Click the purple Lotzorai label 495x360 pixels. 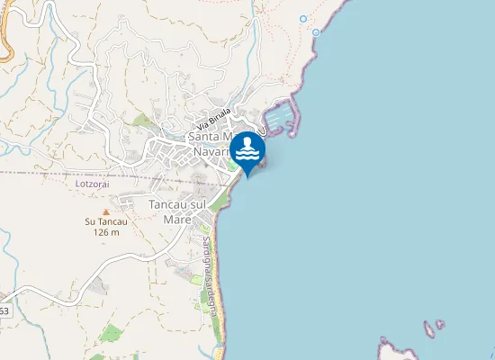coord(92,183)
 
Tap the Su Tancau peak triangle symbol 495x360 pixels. coord(106,211)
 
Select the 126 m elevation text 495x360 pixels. coord(106,232)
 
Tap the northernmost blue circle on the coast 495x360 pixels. coord(303,18)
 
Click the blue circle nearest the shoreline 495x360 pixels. coord(317,32)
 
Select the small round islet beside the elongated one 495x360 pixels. coord(440,323)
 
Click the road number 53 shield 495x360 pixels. coord(4,310)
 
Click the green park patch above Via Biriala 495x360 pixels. coord(142,120)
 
